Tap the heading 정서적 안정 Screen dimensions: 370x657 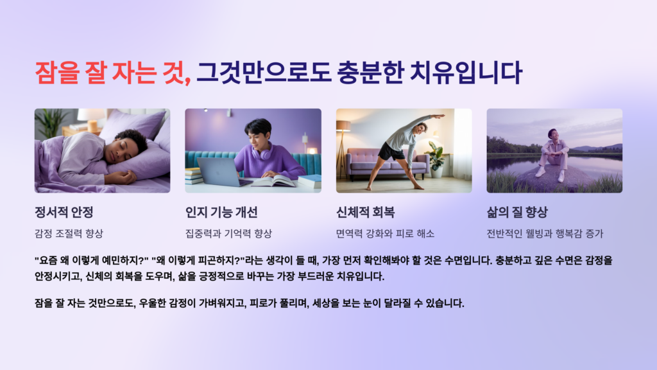pos(67,213)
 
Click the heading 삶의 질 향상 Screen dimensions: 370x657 pos(517,213)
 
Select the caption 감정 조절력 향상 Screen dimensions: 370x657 pos(69,233)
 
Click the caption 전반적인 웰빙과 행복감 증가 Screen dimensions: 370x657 pos(545,233)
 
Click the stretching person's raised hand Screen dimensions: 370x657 pos(439,116)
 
